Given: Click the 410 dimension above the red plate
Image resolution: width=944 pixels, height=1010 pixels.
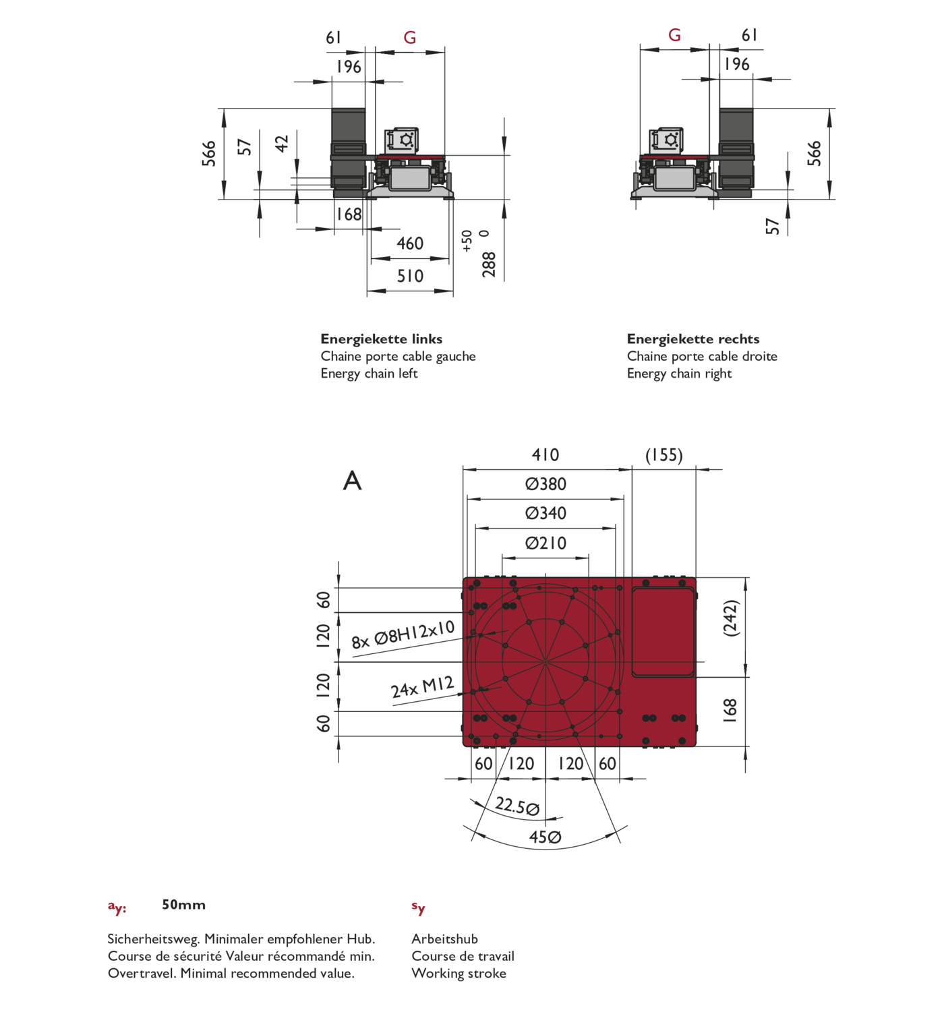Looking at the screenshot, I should pyautogui.click(x=545, y=454).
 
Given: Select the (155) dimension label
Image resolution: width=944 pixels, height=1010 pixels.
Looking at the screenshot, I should pyautogui.click(x=664, y=455).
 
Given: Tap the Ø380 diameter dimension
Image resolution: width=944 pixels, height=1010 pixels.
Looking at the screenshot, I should pyautogui.click(x=545, y=484).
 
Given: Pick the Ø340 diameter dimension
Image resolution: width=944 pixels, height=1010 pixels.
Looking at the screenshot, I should pyautogui.click(x=545, y=513).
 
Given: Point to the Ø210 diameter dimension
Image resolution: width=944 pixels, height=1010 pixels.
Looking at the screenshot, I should pyautogui.click(x=545, y=543).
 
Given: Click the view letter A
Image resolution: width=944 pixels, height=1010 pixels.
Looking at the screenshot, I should pyautogui.click(x=352, y=481).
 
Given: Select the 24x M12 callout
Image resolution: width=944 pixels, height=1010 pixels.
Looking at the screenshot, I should pyautogui.click(x=423, y=687).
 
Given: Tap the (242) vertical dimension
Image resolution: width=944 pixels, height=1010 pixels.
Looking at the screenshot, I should pyautogui.click(x=731, y=618).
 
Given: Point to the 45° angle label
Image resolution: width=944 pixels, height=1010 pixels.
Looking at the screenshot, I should pyautogui.click(x=545, y=837).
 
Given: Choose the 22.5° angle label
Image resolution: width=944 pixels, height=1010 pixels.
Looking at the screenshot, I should pyautogui.click(x=517, y=806).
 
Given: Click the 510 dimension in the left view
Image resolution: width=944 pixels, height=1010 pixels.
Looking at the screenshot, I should pyautogui.click(x=410, y=276).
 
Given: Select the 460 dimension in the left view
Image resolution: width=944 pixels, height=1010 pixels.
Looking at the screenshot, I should pyautogui.click(x=410, y=243).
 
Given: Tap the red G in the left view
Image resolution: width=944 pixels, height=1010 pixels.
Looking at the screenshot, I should pyautogui.click(x=410, y=38).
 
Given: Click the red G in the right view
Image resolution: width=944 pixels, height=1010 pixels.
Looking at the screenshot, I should pyautogui.click(x=674, y=35).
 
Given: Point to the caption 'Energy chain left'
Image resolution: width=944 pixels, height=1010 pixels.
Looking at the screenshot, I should pyautogui.click(x=369, y=374).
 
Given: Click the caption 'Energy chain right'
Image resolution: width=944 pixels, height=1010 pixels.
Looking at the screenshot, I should pyautogui.click(x=679, y=374).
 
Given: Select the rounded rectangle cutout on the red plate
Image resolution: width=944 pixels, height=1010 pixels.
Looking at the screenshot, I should pyautogui.click(x=663, y=632).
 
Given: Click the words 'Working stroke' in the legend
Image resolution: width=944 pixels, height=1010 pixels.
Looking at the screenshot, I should pyautogui.click(x=459, y=974).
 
